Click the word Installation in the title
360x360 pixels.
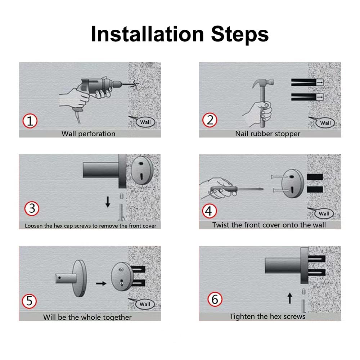pyautogui.click(x=147, y=34)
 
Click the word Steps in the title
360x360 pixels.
pyautogui.click(x=240, y=35)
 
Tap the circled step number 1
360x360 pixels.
pyautogui.click(x=30, y=121)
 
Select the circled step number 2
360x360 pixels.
pyautogui.click(x=210, y=120)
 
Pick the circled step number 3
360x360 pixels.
pyautogui.click(x=32, y=208)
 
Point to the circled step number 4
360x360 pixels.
pyautogui.click(x=210, y=211)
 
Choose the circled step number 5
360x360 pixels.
pyautogui.click(x=29, y=301)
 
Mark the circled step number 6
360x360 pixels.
pyautogui.click(x=215, y=299)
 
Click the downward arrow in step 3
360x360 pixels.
pyautogui.click(x=108, y=202)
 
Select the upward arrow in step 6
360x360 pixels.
pyautogui.click(x=290, y=298)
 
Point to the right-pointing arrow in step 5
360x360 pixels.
pyautogui.click(x=101, y=284)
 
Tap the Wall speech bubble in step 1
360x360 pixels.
pyautogui.click(x=145, y=122)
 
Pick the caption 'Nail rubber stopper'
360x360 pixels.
pyautogui.click(x=267, y=134)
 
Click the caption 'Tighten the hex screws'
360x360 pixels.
pyautogui.click(x=267, y=316)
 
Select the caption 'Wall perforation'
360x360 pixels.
pyautogui.click(x=89, y=134)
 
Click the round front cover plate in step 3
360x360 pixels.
pyautogui.click(x=142, y=170)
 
